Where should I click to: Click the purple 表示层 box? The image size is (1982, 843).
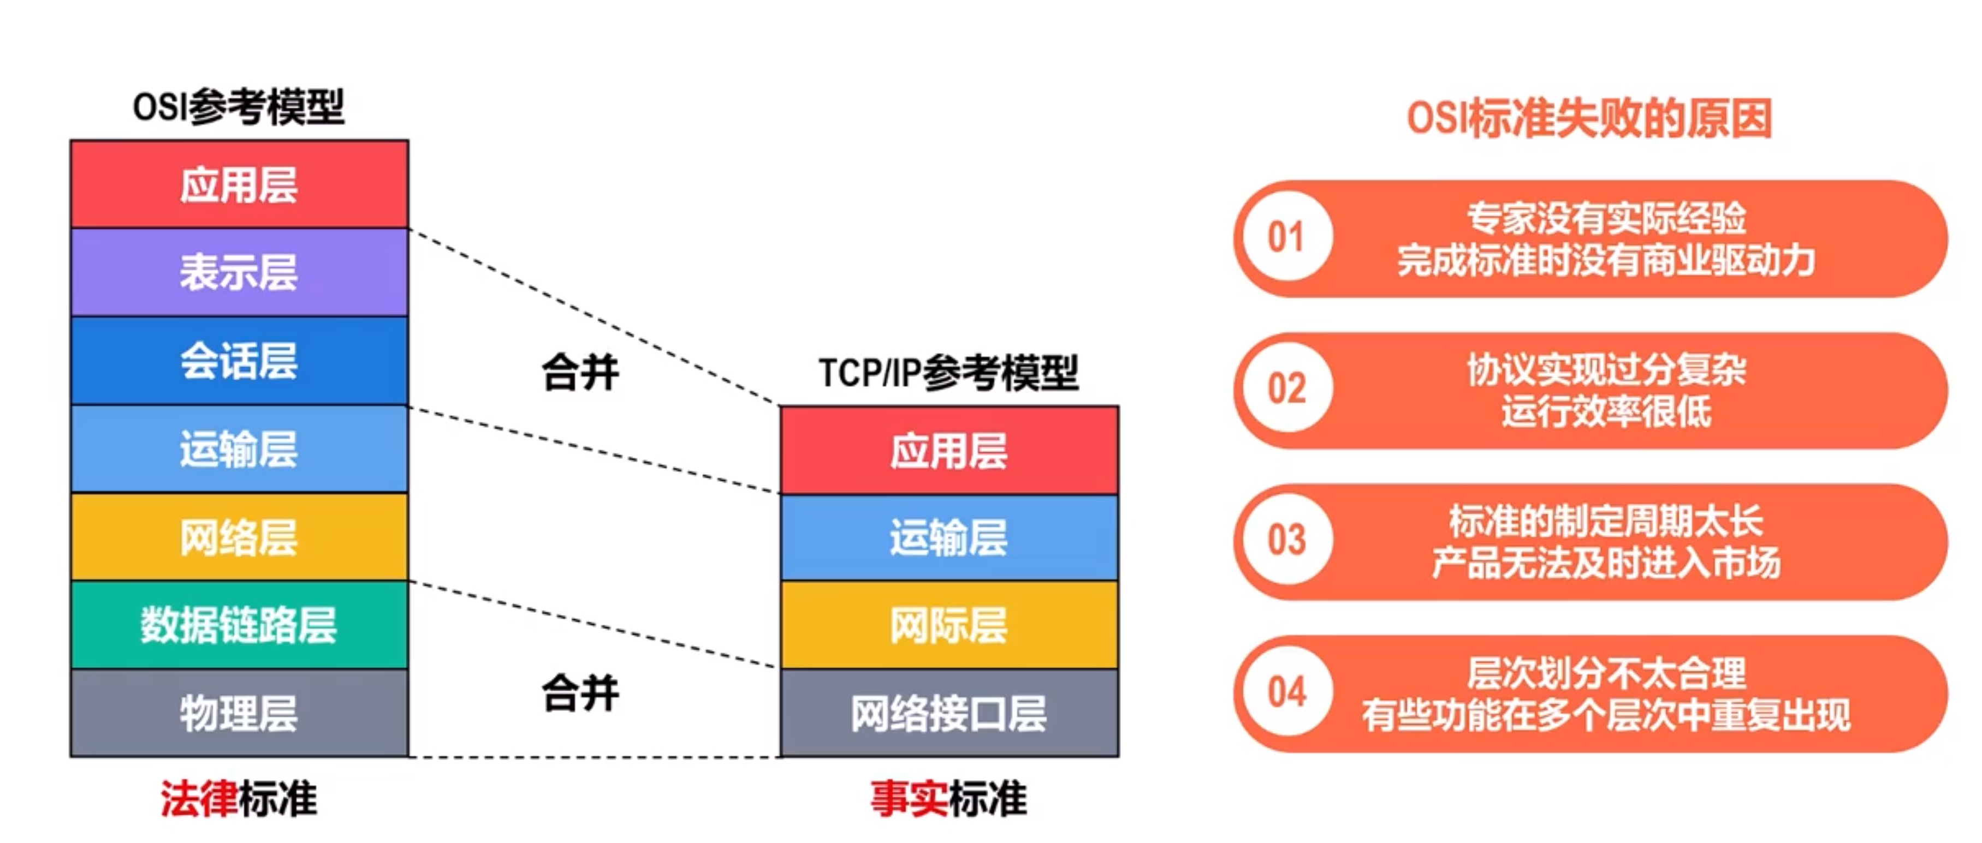click(x=239, y=272)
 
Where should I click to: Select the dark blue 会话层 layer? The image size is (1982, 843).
click(x=239, y=361)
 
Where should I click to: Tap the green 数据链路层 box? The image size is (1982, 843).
click(x=239, y=625)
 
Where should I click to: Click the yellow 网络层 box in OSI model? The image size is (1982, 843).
click(x=239, y=537)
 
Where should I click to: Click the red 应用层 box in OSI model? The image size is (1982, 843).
click(x=239, y=184)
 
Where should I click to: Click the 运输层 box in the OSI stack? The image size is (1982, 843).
click(x=239, y=449)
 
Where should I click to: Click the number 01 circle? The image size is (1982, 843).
click(x=1286, y=237)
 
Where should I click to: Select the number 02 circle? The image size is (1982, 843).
click(x=1286, y=388)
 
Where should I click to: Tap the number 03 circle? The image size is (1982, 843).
click(x=1286, y=540)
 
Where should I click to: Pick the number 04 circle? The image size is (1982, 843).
click(x=1286, y=691)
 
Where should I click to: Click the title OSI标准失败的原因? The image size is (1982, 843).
click(x=1589, y=118)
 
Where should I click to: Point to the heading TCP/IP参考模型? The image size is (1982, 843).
click(x=948, y=373)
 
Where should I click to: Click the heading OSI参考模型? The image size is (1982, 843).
click(x=239, y=107)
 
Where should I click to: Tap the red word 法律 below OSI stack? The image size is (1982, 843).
click(x=199, y=798)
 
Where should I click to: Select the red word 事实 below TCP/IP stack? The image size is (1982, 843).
click(x=909, y=798)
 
